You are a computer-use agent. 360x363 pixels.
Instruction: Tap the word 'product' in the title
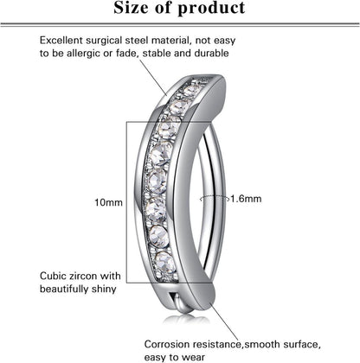tap(211, 9)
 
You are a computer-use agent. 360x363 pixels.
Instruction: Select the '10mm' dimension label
tap(108, 202)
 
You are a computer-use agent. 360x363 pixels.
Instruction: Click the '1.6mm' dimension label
tap(246, 199)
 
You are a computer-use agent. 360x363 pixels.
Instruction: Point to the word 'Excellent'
tap(61, 41)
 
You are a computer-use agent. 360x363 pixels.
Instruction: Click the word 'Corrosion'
tap(167, 344)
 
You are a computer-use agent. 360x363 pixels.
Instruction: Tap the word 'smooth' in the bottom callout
tap(261, 344)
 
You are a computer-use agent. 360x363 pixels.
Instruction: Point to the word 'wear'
tap(194, 358)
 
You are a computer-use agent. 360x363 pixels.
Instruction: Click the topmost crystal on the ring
tap(191, 91)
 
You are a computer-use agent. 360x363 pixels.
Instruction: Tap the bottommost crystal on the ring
tap(165, 262)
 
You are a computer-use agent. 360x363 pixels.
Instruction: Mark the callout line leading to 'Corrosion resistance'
tap(225, 322)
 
